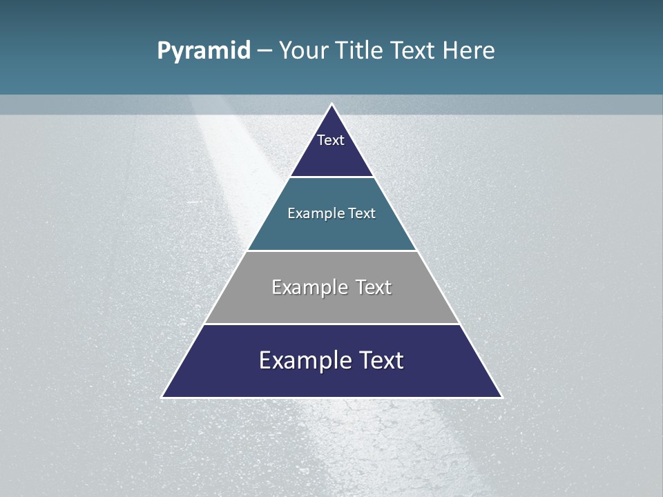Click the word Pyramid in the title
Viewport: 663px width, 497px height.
click(204, 51)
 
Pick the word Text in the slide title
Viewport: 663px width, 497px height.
click(412, 51)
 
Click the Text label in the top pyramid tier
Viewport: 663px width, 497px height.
click(331, 140)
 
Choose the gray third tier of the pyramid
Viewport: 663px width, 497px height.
click(331, 304)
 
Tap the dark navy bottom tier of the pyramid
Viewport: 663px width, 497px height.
click(331, 380)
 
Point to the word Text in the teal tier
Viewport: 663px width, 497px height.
click(362, 213)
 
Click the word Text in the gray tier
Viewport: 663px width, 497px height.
click(374, 287)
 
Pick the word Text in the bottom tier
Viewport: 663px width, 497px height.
click(381, 360)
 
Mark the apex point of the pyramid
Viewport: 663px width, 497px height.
click(332, 104)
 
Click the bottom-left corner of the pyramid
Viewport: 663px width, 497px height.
click(162, 397)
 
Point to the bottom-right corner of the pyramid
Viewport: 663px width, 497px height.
click(501, 397)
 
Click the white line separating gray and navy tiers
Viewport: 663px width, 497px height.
click(331, 324)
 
